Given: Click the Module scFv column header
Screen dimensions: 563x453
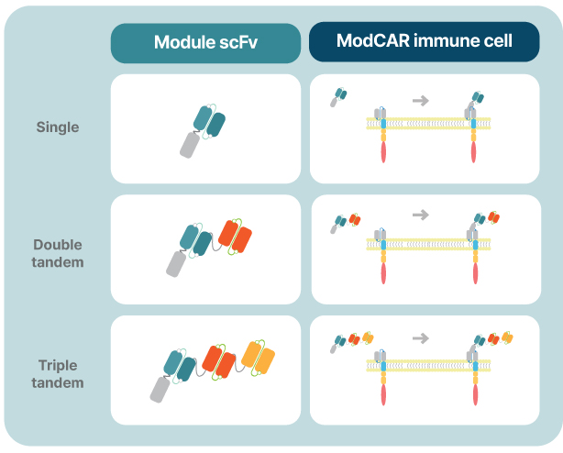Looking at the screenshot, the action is pos(205,42).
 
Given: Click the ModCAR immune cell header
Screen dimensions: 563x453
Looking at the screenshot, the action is pos(424,41).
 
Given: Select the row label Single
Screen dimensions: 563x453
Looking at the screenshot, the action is pos(58,127).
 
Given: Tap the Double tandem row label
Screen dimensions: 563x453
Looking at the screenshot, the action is pos(58,253).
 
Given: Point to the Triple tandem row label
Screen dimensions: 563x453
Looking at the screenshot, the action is pos(58,374).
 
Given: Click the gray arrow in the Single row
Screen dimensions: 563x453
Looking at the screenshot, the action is pos(421,100).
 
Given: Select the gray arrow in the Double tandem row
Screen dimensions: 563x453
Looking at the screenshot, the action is pos(421,215).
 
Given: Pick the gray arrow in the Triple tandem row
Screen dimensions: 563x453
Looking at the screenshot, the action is pos(421,337).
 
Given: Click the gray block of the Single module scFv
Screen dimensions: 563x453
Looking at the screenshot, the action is pos(189,145).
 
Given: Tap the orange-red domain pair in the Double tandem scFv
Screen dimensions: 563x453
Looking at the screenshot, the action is pos(235,237).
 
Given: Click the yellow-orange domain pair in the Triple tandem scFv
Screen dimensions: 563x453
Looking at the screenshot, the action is pos(259,358).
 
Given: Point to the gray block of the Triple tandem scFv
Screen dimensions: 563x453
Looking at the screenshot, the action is pos(160,390).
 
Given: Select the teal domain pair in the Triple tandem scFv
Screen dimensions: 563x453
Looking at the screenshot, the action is pos(179,366).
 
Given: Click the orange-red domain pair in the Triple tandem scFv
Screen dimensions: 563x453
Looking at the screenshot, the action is pos(218,362).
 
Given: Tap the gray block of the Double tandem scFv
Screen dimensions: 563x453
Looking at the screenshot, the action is pos(176,264).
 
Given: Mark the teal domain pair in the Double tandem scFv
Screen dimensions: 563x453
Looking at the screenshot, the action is pos(195,240).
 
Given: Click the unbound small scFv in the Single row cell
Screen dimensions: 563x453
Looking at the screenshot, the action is pos(338,97).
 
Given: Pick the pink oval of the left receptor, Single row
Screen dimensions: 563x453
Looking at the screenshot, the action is pos(383,152).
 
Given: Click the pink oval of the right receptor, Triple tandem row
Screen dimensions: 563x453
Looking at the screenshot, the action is pos(475,395).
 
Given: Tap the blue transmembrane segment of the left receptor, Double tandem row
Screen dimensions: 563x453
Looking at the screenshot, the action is pos(383,245).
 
